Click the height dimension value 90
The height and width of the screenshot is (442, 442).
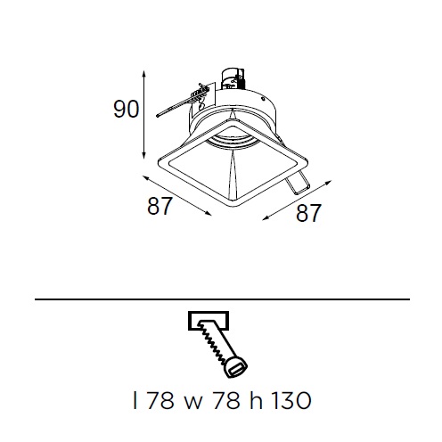tap(126, 110)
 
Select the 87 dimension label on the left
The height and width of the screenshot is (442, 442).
tap(160, 206)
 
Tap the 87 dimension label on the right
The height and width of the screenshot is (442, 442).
tap(308, 213)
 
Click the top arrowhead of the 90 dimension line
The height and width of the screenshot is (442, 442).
tap(143, 74)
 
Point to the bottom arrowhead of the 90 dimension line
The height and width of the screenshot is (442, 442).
tap(143, 155)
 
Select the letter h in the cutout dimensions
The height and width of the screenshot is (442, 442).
tap(256, 400)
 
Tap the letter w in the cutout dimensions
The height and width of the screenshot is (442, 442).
tap(193, 403)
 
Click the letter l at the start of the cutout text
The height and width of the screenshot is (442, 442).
tap(135, 400)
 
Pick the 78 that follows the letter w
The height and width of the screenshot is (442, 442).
tap(226, 400)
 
